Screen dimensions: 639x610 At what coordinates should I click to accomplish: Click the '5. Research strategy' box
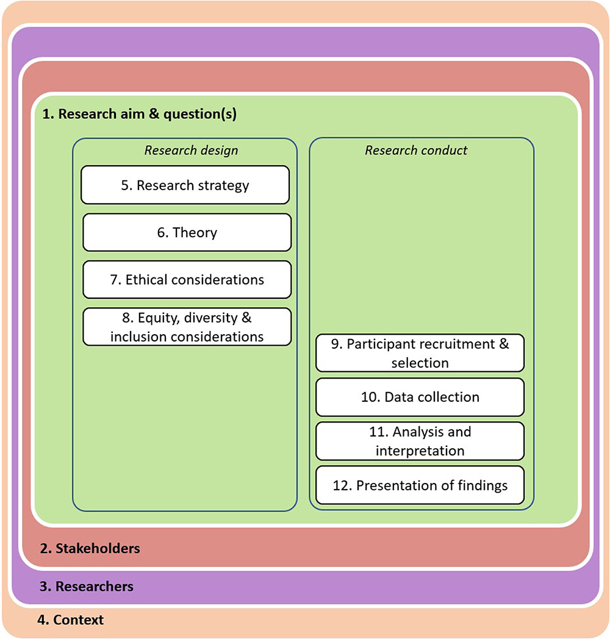tap(185, 185)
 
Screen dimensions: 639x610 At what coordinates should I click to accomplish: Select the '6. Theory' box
tap(187, 232)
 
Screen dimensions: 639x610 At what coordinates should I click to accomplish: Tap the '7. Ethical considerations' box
tap(187, 280)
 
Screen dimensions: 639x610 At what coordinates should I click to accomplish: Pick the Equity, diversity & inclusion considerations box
tap(187, 327)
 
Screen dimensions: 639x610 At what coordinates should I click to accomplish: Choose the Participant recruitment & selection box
tap(420, 353)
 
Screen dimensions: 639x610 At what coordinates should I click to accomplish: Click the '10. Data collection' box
tap(420, 398)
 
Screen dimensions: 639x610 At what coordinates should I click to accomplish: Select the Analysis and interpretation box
tap(420, 441)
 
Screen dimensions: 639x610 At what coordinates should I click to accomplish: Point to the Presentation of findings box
tap(420, 485)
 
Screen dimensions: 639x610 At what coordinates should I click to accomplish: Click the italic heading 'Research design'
tap(191, 151)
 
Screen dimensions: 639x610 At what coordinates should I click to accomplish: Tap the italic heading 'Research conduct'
tap(416, 151)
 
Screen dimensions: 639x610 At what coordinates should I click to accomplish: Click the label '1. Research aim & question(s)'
tap(139, 114)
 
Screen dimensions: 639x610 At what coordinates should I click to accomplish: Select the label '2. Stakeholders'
tap(90, 548)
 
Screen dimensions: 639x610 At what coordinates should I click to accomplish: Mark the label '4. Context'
tap(70, 620)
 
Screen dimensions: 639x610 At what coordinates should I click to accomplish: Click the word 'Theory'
tap(195, 232)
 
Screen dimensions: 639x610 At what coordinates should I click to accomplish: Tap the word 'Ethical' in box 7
tap(146, 280)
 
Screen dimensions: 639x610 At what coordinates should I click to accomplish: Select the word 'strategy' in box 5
tap(223, 185)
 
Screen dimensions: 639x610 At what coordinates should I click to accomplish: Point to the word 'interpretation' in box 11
tap(420, 451)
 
